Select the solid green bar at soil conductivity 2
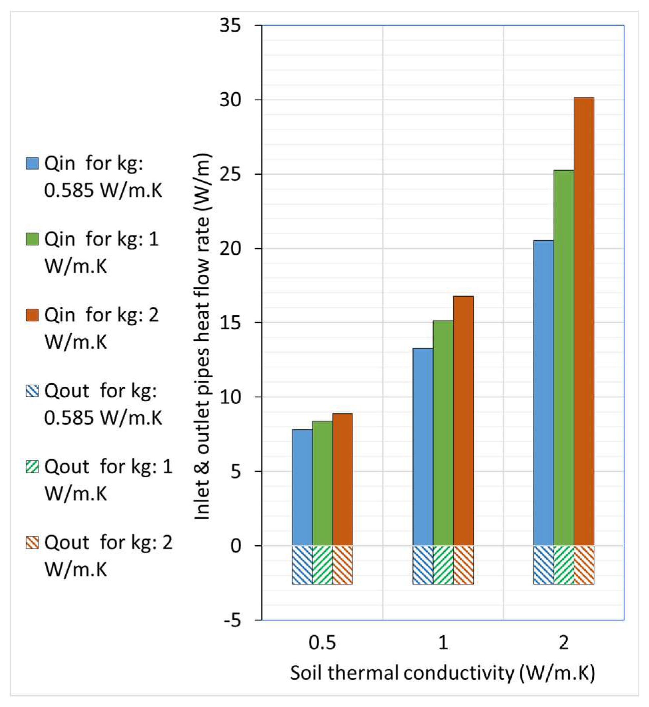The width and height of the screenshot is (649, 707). pyautogui.click(x=564, y=358)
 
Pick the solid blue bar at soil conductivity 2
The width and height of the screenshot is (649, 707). pyautogui.click(x=543, y=393)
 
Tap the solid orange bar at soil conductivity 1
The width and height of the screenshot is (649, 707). pyautogui.click(x=463, y=421)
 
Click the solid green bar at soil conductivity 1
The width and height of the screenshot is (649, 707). pyautogui.click(x=443, y=434)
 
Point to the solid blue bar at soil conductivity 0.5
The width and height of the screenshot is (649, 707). pyautogui.click(x=302, y=488)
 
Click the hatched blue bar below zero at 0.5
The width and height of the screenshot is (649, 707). pyautogui.click(x=302, y=565)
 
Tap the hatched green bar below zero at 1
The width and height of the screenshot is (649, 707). pyautogui.click(x=443, y=565)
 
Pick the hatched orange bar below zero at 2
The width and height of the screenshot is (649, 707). pyautogui.click(x=584, y=565)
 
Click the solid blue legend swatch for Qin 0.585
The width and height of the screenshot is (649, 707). pyautogui.click(x=32, y=164)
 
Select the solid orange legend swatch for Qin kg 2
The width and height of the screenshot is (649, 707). pyautogui.click(x=32, y=315)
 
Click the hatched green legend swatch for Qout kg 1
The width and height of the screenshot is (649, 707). pyautogui.click(x=32, y=467)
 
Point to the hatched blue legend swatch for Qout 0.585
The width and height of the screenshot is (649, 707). pyautogui.click(x=32, y=391)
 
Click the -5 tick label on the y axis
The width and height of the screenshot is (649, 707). pyautogui.click(x=233, y=621)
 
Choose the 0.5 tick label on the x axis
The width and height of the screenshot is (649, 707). pyautogui.click(x=322, y=643)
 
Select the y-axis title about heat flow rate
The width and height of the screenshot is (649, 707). pyautogui.click(x=203, y=337)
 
